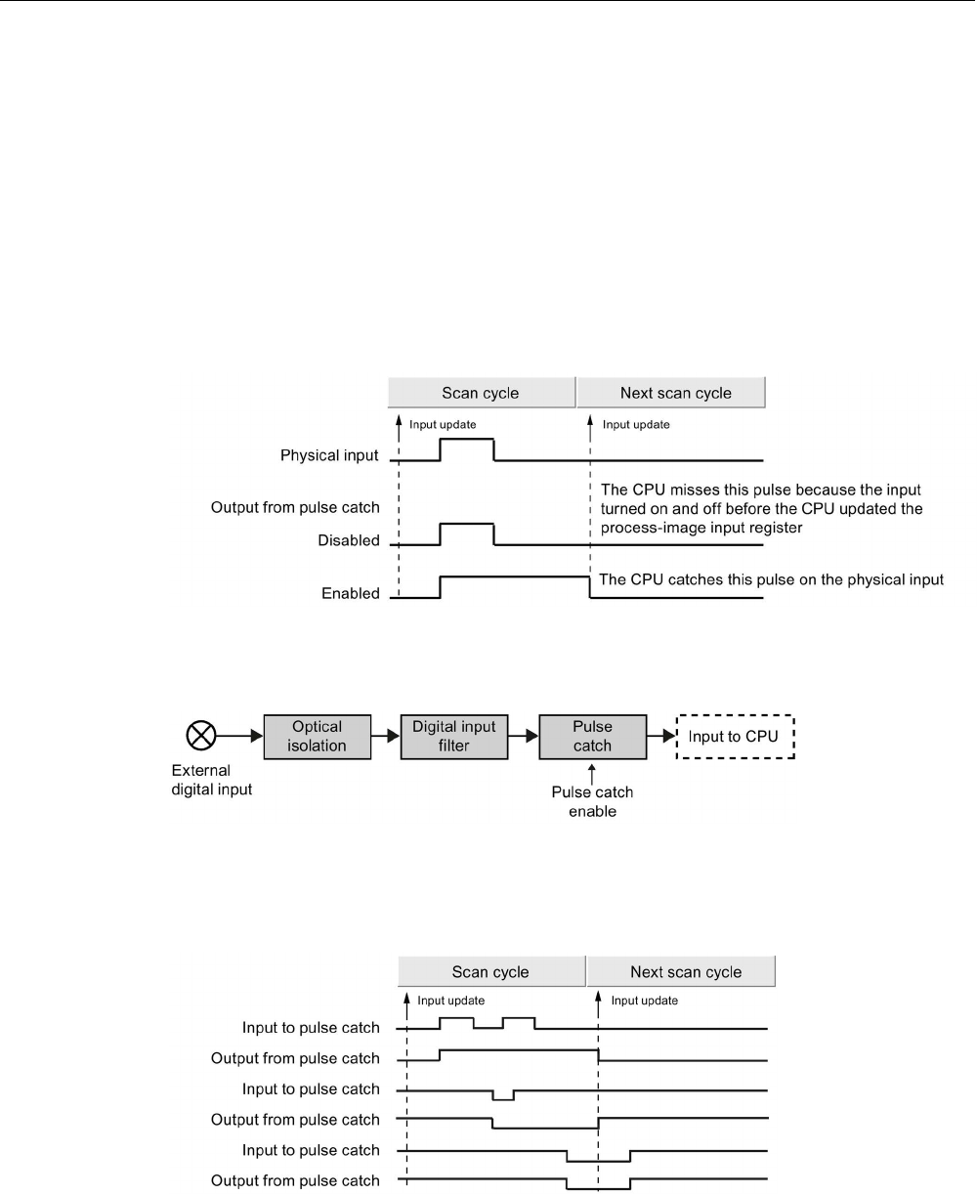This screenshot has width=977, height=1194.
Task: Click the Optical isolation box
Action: (318, 736)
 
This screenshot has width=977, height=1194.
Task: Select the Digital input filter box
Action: (454, 736)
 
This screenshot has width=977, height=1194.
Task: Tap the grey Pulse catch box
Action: (592, 736)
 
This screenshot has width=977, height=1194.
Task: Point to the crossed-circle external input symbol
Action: (200, 736)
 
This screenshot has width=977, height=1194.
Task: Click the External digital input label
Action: (205, 780)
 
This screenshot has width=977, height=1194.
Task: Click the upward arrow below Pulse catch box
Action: (592, 772)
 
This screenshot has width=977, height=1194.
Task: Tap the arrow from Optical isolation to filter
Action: (387, 736)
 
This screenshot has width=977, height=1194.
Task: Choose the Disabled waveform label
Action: (348, 540)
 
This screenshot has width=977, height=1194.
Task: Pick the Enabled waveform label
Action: (350, 592)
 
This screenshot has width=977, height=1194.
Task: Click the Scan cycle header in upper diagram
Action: (481, 393)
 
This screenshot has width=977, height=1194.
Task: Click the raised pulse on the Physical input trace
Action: (467, 440)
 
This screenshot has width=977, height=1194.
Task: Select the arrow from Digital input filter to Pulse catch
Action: (526, 736)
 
